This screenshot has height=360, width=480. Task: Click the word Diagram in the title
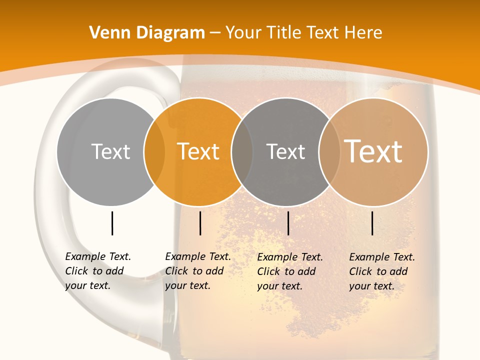pyautogui.click(x=170, y=33)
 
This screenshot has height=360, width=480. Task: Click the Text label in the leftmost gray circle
pyautogui.click(x=110, y=151)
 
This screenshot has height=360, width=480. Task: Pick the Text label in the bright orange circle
pyautogui.click(x=198, y=151)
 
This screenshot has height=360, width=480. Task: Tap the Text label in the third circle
pyautogui.click(x=285, y=151)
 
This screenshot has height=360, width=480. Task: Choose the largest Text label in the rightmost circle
pyautogui.click(x=373, y=151)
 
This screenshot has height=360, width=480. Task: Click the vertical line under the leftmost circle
pyautogui.click(x=112, y=223)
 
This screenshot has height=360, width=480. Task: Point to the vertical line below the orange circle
pyautogui.click(x=200, y=223)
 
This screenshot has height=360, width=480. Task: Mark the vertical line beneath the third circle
pyautogui.click(x=288, y=223)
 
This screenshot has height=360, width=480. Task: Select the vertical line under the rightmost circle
pyautogui.click(x=372, y=223)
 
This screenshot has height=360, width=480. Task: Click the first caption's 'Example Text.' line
pyautogui.click(x=98, y=256)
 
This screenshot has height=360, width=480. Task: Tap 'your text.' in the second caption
pyautogui.click(x=187, y=285)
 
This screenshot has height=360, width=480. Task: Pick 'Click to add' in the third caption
pyautogui.click(x=286, y=271)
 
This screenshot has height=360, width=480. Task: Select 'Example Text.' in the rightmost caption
pyautogui.click(x=382, y=257)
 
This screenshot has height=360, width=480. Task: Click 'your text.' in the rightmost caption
pyautogui.click(x=371, y=286)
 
